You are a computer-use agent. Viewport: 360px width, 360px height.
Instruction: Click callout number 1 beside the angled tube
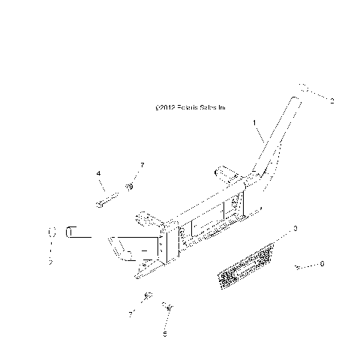[x=254, y=121]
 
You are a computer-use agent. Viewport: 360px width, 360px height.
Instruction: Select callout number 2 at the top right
[x=332, y=100]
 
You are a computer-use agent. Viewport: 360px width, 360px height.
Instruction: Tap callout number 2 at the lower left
[x=51, y=262]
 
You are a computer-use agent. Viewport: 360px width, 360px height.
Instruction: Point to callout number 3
[x=295, y=226]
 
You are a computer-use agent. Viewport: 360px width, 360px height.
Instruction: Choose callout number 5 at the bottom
[x=165, y=333]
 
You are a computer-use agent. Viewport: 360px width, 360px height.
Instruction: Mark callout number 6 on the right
[x=322, y=264]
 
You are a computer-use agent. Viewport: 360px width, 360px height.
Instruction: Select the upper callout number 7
[x=141, y=164]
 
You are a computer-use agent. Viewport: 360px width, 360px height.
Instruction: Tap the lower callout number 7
[x=130, y=314]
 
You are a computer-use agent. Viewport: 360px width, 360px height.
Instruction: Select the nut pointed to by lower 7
[x=148, y=295]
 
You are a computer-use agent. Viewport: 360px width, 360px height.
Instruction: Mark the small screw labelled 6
[x=299, y=266]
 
